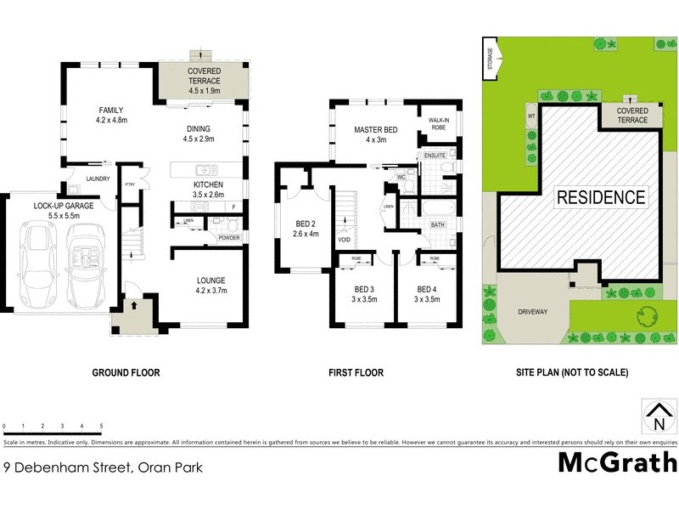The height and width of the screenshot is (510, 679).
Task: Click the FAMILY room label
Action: [x=111, y=110]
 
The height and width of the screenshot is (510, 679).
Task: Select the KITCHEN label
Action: [x=208, y=184]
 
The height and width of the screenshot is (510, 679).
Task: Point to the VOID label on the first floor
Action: [x=344, y=241]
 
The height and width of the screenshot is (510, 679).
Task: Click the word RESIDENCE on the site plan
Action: [x=600, y=198]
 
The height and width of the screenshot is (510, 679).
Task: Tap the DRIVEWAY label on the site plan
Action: [x=532, y=312]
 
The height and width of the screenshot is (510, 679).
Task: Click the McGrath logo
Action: [x=617, y=462]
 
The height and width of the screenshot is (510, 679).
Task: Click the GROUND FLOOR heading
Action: [x=126, y=372]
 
